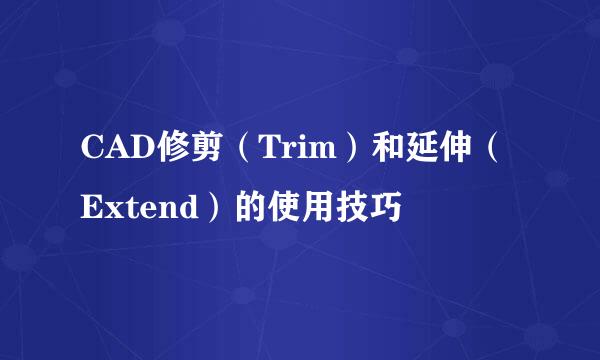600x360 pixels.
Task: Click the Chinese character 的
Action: (244, 211)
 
